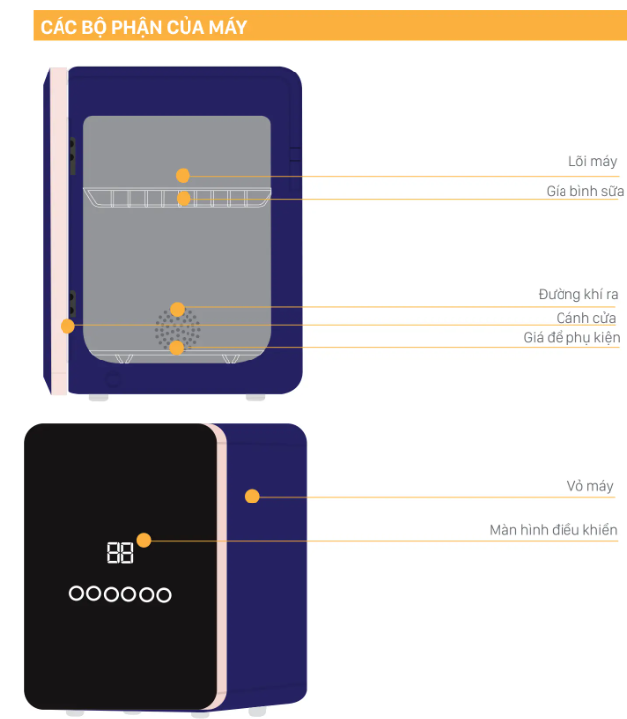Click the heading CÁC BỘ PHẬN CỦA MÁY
coord(141,27)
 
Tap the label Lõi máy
coord(592,161)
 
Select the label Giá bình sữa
coord(583,189)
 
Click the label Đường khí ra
coord(578,295)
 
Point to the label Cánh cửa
coord(585,318)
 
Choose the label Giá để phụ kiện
coord(571,338)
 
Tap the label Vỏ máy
coord(589,486)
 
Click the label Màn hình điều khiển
coord(554,530)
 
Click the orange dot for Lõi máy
coord(183,175)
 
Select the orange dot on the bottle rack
coord(184,198)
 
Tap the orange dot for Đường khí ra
coord(177,309)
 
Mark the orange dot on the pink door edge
coord(67,325)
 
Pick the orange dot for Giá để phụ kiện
coord(177,347)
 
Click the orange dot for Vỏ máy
coord(252,496)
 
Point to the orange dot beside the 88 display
coord(144,540)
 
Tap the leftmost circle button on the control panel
coord(76,594)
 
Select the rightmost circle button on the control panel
coord(164,595)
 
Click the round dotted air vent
coord(177,329)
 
